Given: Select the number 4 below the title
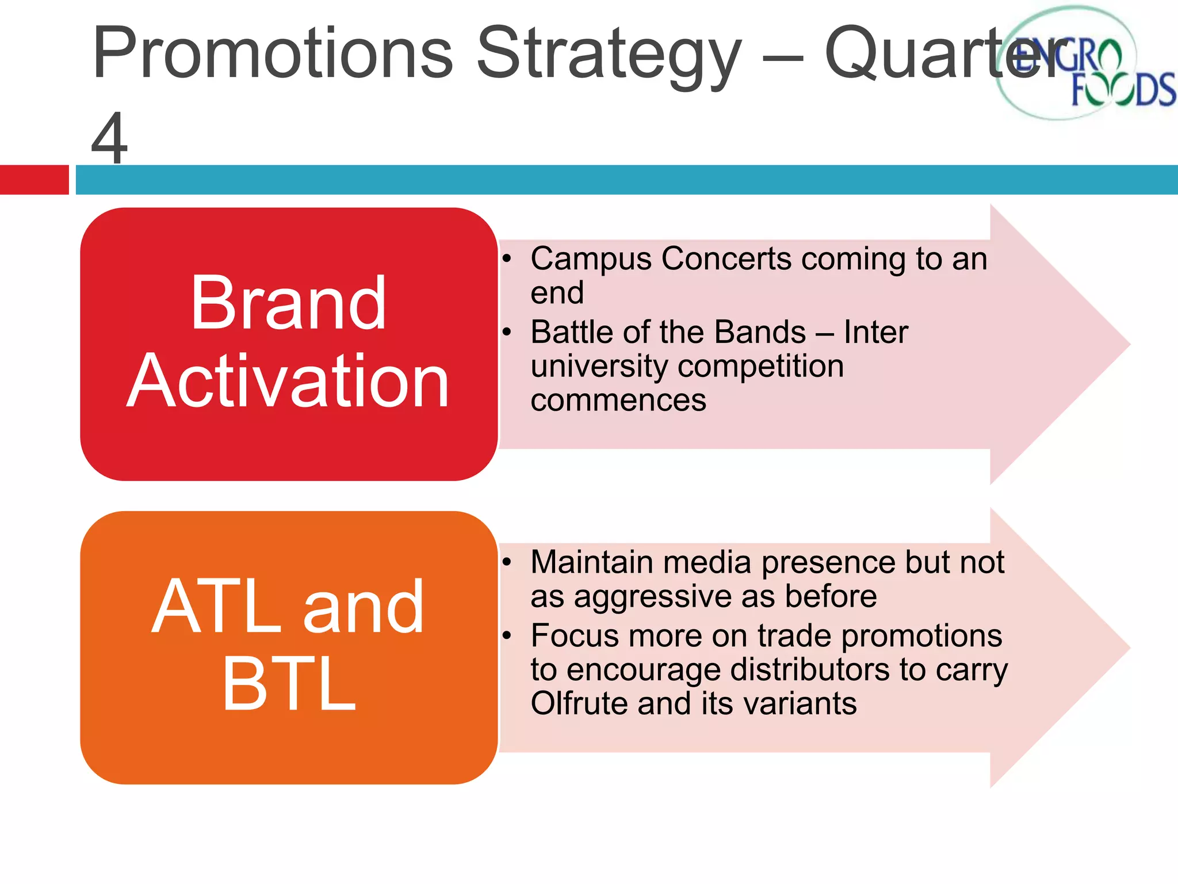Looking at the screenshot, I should (109, 138).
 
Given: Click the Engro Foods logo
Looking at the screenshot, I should (1081, 63).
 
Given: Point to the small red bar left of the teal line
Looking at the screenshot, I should (34, 180).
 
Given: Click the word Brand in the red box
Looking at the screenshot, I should (288, 303).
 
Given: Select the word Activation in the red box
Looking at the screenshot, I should (288, 381).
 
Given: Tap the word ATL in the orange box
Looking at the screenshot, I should (217, 607).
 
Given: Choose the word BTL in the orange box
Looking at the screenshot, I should (289, 684).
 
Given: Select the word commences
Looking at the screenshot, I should (618, 401).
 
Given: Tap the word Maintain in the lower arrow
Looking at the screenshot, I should (592, 562).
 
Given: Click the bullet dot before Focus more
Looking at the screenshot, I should (506, 636).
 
